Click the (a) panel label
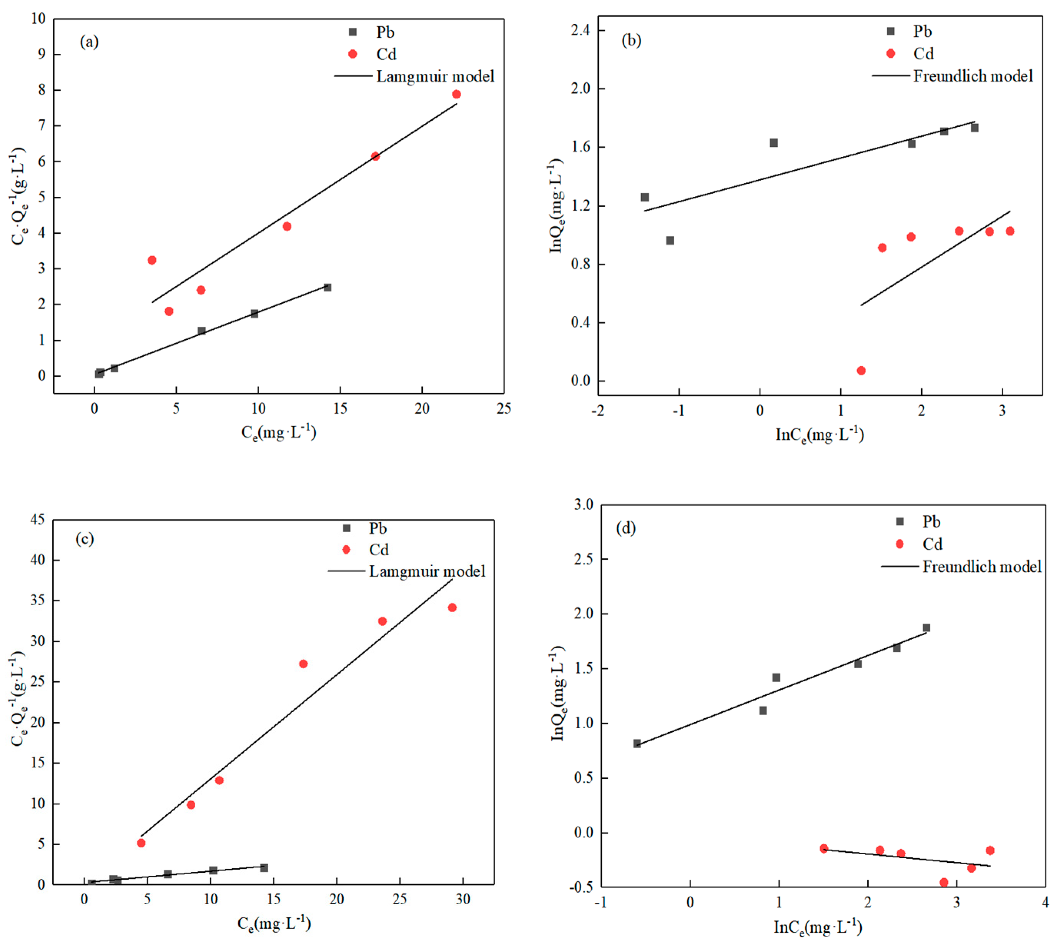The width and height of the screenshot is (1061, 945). [x=89, y=42]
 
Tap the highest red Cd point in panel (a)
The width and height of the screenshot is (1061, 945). [x=456, y=94]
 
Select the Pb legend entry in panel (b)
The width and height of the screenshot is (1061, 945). [x=922, y=32]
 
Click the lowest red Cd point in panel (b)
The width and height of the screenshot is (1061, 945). [x=861, y=370]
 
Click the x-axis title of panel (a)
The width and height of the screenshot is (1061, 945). [x=278, y=432]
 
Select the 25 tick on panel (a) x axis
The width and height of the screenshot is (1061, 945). [x=503, y=409]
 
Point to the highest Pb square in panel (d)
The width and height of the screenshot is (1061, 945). [x=926, y=627]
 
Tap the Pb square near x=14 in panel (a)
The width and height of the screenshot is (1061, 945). [x=327, y=287]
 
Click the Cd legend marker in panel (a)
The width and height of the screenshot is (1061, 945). [x=353, y=54]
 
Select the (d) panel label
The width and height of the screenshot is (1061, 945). [x=625, y=528]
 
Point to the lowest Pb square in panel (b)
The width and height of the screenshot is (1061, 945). [x=670, y=241]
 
